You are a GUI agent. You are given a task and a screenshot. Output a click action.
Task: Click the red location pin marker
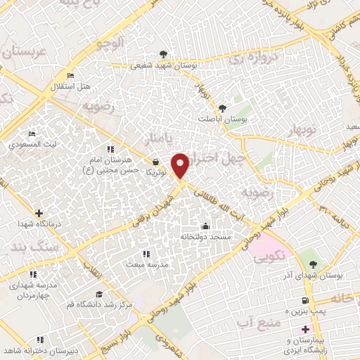pyautogui.click(x=181, y=166)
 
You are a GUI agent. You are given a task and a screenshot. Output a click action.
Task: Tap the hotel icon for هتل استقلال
pyautogui.click(x=70, y=75)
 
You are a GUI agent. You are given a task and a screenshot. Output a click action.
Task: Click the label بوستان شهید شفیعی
pyautogui.click(x=164, y=66)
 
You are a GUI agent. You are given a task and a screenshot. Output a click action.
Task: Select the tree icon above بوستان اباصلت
pyautogui.click(x=222, y=108)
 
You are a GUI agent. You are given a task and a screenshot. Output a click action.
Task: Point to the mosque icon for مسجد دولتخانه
pyautogui.click(x=205, y=226)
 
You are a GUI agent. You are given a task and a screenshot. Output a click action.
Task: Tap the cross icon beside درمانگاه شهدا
pyautogui.click(x=38, y=212)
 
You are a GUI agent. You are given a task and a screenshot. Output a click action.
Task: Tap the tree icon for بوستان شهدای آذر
pyautogui.click(x=313, y=264)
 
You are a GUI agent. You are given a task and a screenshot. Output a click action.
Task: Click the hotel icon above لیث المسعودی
pyautogui.click(x=32, y=133)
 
